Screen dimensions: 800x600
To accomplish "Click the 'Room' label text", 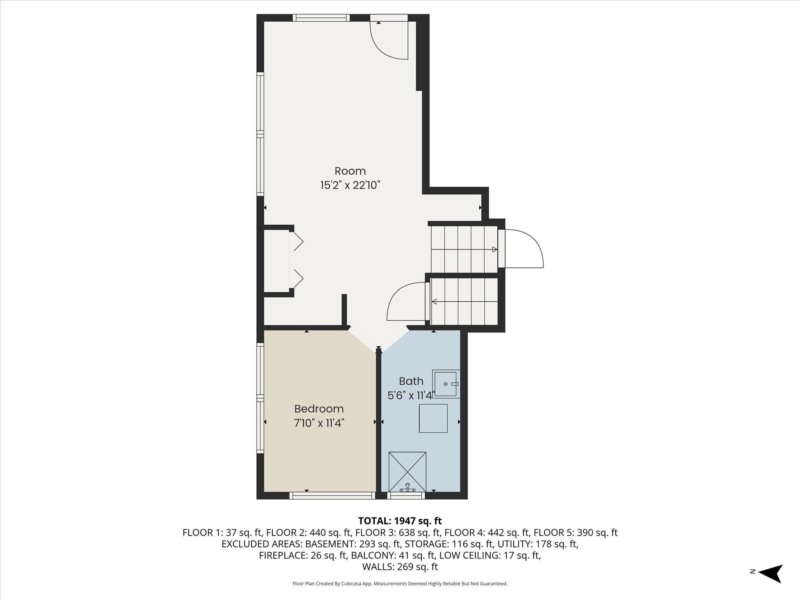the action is (350, 171).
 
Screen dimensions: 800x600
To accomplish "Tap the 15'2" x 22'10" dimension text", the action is (350, 185).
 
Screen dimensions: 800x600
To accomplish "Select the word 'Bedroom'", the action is (319, 409).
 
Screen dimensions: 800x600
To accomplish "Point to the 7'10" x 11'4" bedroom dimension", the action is (319, 423).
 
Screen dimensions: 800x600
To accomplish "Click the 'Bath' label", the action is (411, 381).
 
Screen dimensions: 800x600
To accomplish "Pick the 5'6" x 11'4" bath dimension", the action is (411, 395).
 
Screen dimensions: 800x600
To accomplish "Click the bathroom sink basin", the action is (446, 384).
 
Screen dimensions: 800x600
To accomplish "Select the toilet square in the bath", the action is (433, 418).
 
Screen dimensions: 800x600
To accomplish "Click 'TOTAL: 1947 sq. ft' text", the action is (400, 521).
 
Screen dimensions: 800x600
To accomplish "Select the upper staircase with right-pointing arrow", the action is (464, 249).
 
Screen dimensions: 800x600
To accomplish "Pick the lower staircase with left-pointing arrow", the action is (464, 301).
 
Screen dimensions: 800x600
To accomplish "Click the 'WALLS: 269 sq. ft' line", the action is (400, 567).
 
